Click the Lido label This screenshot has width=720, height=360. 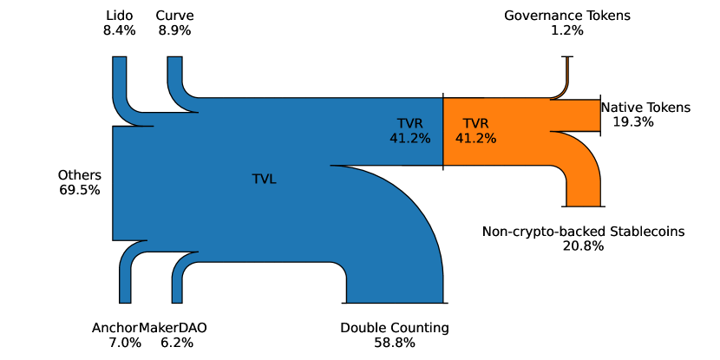click(x=120, y=16)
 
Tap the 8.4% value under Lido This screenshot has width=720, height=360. click(x=120, y=30)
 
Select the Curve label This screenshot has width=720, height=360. click(x=174, y=16)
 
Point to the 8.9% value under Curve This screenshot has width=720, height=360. click(x=174, y=30)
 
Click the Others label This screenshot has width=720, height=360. click(x=79, y=174)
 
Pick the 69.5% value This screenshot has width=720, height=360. click(x=79, y=189)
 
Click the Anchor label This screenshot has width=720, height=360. click(x=115, y=328)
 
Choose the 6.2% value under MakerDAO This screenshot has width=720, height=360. click(x=177, y=343)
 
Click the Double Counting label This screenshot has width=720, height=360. click(x=395, y=328)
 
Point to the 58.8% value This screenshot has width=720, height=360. click(x=395, y=343)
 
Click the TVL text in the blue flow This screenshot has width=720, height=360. click(x=265, y=180)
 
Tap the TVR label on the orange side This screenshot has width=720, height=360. click(x=476, y=123)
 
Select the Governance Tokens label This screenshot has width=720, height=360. click(x=567, y=16)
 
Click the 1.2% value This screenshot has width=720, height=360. click(x=567, y=30)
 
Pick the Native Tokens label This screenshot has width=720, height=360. click(x=645, y=108)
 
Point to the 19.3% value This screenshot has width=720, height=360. click(x=633, y=122)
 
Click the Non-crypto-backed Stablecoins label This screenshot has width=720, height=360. click(x=583, y=232)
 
